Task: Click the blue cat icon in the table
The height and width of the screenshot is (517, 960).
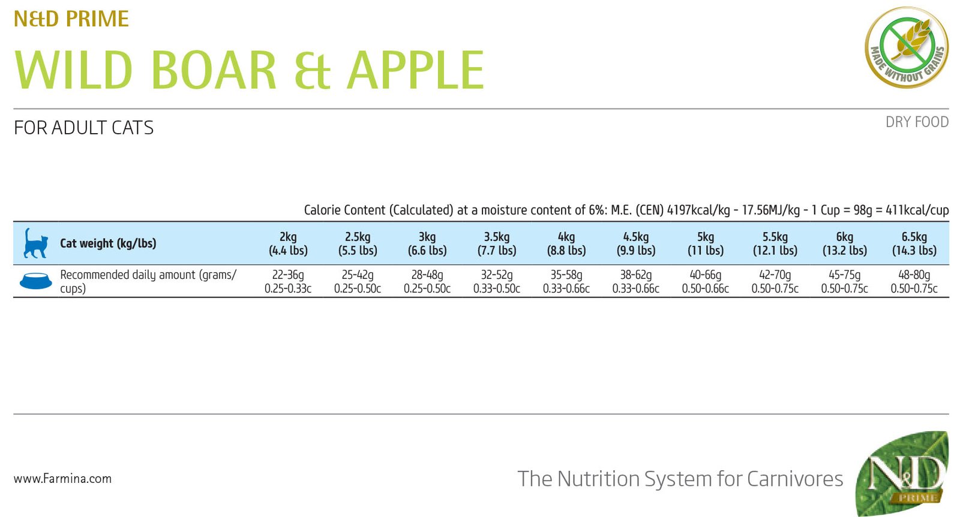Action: pos(35,243)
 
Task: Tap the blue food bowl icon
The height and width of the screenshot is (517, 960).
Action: pos(35,281)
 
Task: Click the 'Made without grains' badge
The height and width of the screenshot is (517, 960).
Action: pos(907,47)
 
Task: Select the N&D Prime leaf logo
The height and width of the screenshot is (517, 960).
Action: pos(902,474)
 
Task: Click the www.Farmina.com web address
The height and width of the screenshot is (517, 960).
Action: pos(62,479)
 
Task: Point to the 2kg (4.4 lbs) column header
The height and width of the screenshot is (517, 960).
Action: pos(288,244)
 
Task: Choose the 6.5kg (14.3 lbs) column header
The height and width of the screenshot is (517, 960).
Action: pos(914,244)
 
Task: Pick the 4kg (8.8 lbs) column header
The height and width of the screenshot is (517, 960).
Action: pos(566,244)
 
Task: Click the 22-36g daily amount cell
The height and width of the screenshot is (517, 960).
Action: pos(288,281)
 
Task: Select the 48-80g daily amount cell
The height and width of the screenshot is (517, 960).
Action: pos(914,281)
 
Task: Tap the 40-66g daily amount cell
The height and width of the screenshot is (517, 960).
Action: pos(705,281)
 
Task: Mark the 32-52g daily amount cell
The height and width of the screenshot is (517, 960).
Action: pos(497,281)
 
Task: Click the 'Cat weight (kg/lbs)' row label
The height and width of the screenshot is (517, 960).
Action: pos(108,244)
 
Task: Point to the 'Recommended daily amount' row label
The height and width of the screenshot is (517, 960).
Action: pos(148,281)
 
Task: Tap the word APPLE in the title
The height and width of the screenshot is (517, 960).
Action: pos(415,70)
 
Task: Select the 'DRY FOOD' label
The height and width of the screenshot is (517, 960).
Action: pos(917,122)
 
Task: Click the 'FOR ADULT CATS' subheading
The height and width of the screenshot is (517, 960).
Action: pos(83,128)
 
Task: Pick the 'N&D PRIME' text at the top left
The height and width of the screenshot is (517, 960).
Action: pos(71,19)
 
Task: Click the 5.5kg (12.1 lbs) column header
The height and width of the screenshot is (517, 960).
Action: pos(775,244)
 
